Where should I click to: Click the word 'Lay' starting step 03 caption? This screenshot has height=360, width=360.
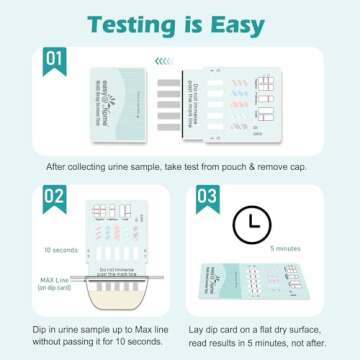(210, 327)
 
